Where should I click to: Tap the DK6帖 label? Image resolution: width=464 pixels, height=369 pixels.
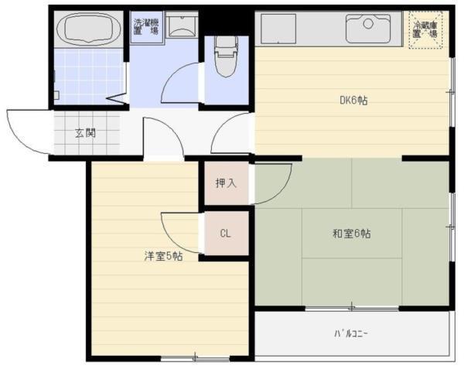tap(352, 99)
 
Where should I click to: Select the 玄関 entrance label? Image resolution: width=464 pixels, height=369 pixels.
tap(85, 133)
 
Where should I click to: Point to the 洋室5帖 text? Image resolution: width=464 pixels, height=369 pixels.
tap(162, 256)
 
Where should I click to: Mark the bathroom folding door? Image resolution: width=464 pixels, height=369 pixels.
tap(117, 99)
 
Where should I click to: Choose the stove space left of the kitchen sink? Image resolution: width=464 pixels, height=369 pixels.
tap(278, 29)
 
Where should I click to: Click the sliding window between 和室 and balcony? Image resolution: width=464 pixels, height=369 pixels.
tap(352, 309)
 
